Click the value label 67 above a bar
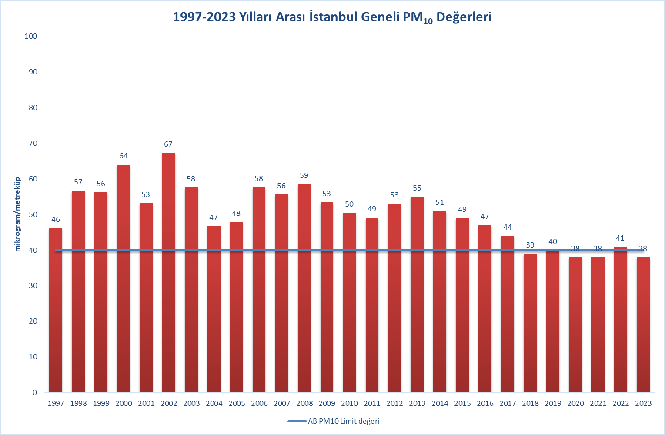coord(168,144)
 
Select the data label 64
coord(124,156)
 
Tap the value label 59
coord(304,175)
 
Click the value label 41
coord(620,238)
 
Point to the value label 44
coord(508,227)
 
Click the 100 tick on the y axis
coord(31,36)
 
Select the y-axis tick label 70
coord(33,143)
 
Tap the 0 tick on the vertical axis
coord(35,392)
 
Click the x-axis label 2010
coord(350,403)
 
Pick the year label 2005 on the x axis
coord(237,403)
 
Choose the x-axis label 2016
coord(485,403)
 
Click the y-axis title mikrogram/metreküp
coord(18,214)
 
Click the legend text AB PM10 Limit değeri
coord(344,421)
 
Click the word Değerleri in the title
coord(464,17)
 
